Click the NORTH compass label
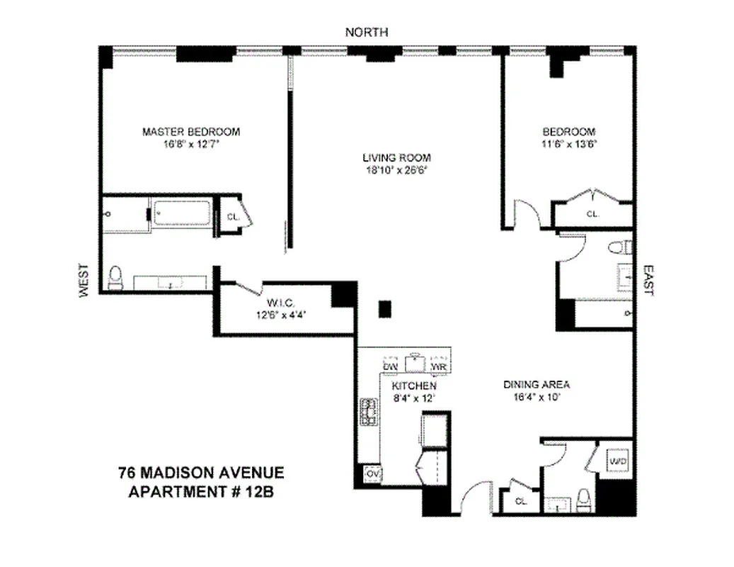(x=366, y=32)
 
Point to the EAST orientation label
(x=648, y=281)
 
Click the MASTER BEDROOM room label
(x=191, y=132)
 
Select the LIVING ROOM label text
(x=396, y=157)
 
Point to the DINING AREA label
(x=537, y=385)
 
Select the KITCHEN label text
(x=414, y=386)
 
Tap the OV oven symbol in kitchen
(x=372, y=473)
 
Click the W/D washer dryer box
(x=617, y=462)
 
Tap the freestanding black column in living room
(x=384, y=308)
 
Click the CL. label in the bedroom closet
(x=592, y=213)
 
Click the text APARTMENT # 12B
(x=200, y=490)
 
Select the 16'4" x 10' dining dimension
(x=537, y=398)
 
